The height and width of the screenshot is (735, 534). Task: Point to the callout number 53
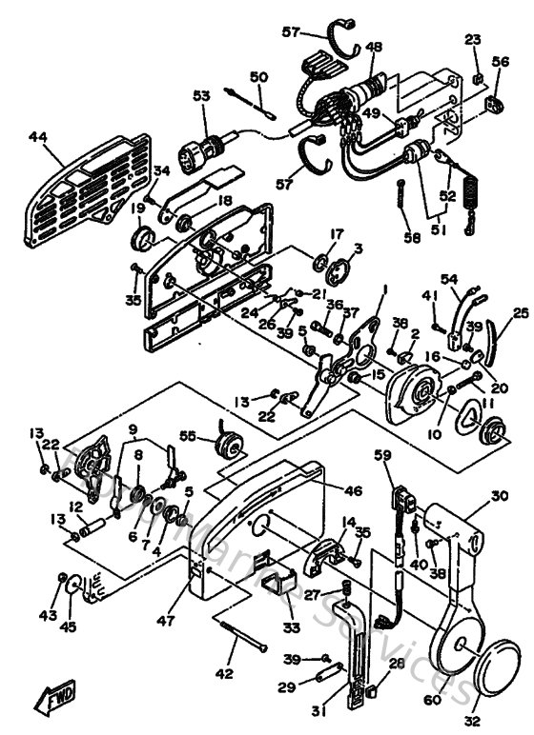pyautogui.click(x=200, y=96)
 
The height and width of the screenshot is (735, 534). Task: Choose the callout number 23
pyautogui.click(x=473, y=39)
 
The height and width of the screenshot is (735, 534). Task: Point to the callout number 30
pyautogui.click(x=500, y=496)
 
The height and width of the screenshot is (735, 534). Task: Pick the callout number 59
pyautogui.click(x=382, y=455)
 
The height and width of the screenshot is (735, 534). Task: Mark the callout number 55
pyautogui.click(x=188, y=435)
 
